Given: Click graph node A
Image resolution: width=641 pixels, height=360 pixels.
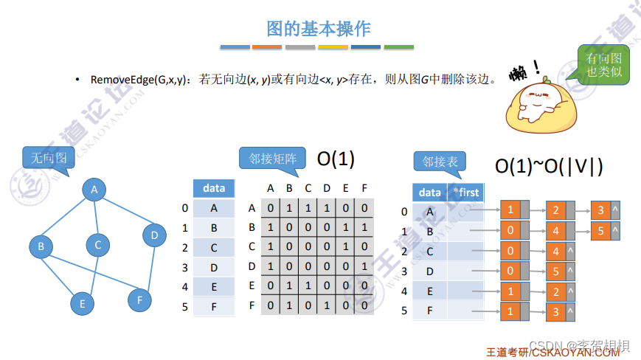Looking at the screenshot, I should tap(94, 190).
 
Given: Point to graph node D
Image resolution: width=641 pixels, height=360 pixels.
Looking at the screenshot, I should tap(154, 235).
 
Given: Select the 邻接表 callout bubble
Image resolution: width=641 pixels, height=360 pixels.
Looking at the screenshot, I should tap(440, 162).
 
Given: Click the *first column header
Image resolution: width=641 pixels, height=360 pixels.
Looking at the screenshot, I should tap(465, 193).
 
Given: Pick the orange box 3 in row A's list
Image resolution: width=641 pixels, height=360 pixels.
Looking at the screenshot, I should tap(601, 211).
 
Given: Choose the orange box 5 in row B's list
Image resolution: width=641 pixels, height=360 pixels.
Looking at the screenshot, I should tap(601, 232).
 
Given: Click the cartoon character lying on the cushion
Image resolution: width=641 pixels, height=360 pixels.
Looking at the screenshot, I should tap(535, 101).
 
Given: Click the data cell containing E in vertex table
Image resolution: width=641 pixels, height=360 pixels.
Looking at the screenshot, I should tap(214, 285).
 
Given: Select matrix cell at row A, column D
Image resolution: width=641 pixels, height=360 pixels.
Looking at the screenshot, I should tap(327, 208).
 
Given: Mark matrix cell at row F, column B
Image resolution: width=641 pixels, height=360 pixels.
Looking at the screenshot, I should tap(289, 305).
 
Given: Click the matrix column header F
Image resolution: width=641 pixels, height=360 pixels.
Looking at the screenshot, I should tap(364, 188).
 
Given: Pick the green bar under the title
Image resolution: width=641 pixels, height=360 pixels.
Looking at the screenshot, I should tap(399, 47).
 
